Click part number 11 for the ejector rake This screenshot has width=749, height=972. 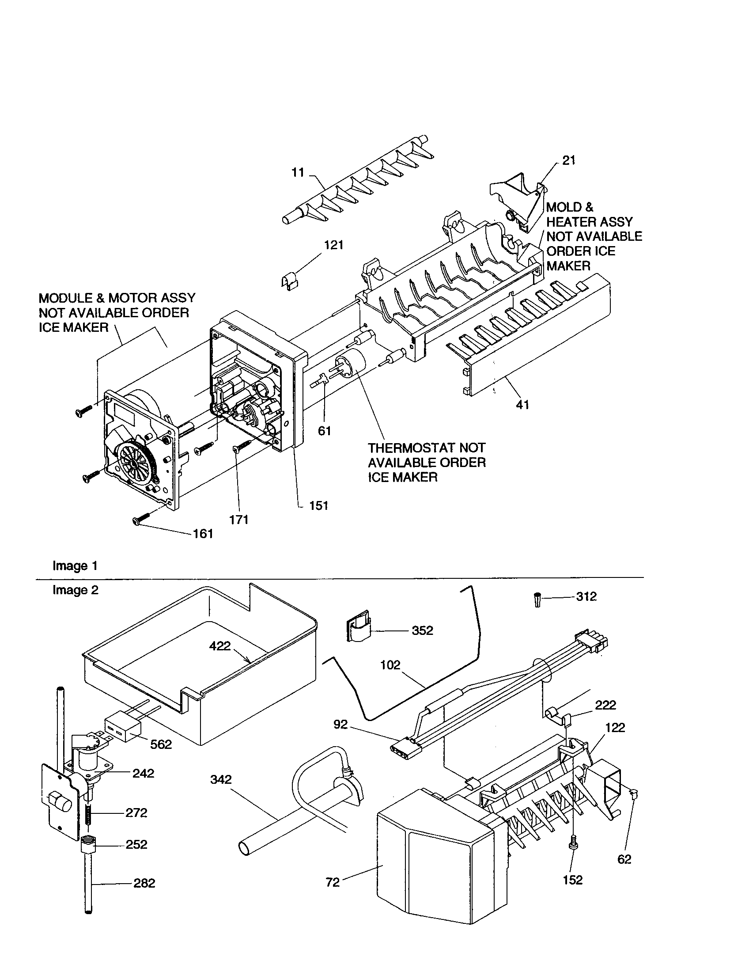tap(298, 172)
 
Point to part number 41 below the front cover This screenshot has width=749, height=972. tap(522, 405)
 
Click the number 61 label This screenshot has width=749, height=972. tap(324, 430)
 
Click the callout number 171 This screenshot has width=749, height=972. tap(238, 520)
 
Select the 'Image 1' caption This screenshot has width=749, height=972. tap(75, 566)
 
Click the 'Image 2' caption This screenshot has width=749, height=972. tap(75, 590)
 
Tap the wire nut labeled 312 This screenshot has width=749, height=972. tap(538, 600)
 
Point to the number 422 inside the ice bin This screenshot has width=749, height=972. tap(220, 646)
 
